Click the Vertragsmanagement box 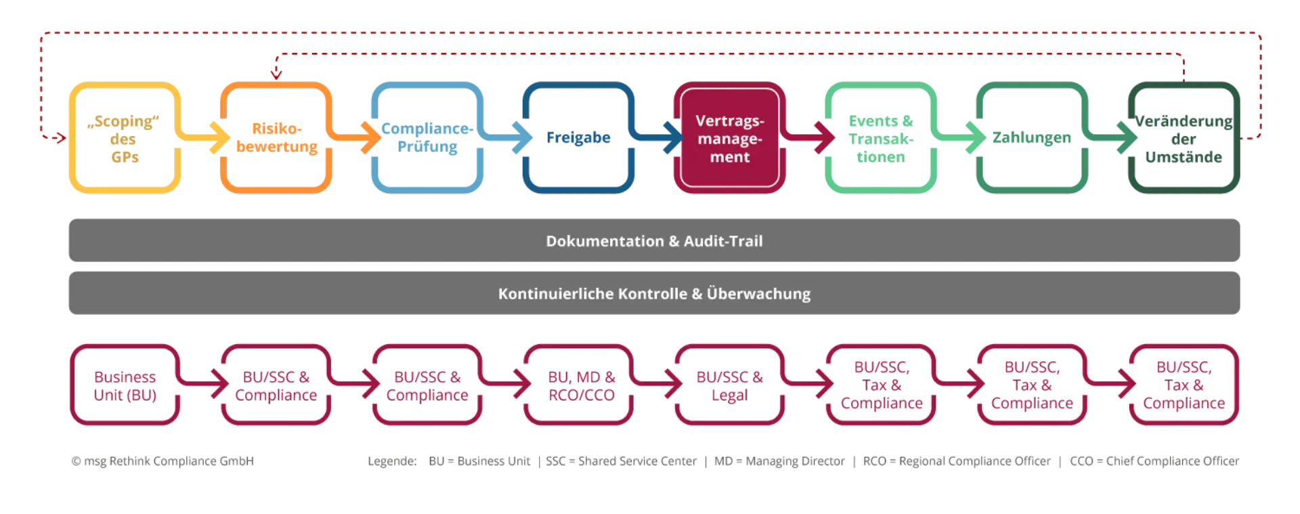click(729, 138)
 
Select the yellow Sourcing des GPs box click(125, 138)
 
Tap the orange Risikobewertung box click(276, 138)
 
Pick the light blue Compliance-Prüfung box click(427, 138)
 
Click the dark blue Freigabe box click(578, 138)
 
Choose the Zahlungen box click(1032, 138)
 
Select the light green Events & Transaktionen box click(880, 138)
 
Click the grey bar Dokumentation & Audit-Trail click(653, 241)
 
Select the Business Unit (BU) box click(125, 385)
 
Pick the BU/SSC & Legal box click(729, 385)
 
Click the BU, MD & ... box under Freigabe click(580, 385)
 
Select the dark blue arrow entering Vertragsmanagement click(660, 138)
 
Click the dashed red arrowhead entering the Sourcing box click(61, 138)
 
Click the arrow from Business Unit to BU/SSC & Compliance click(207, 385)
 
